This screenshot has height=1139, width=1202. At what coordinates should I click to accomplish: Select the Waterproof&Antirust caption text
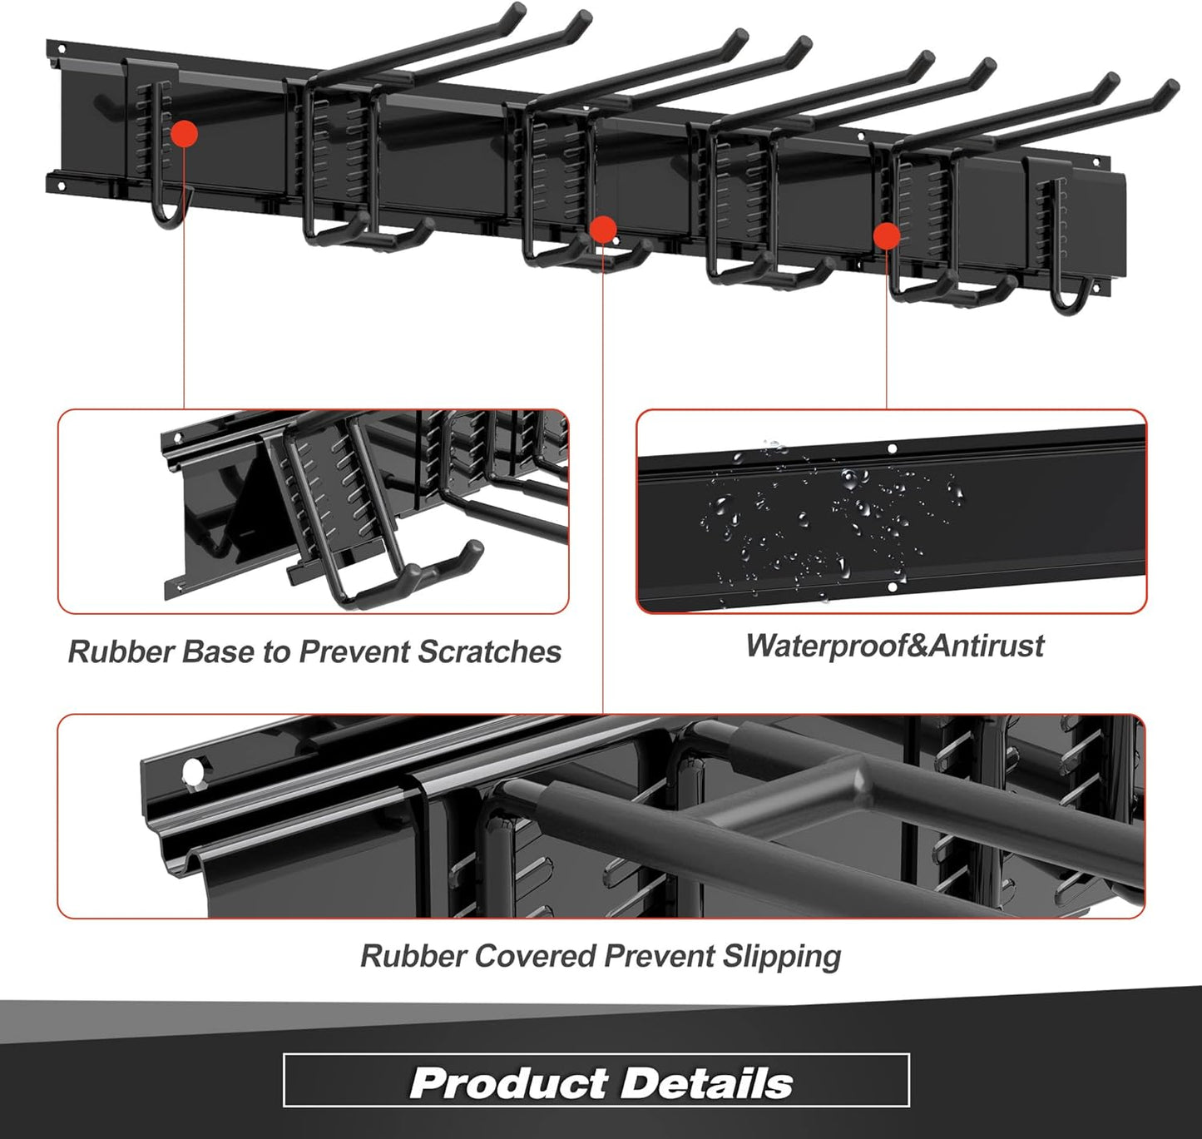(894, 646)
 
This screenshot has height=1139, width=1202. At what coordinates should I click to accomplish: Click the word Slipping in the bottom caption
(781, 957)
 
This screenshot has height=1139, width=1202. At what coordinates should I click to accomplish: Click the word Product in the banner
(507, 1082)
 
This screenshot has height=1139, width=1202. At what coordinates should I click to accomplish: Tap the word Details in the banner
(706, 1082)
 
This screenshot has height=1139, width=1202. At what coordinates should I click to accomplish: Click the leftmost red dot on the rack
(184, 133)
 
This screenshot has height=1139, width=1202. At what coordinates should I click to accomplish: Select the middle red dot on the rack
(602, 229)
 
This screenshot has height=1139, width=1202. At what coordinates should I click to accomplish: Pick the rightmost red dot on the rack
(887, 235)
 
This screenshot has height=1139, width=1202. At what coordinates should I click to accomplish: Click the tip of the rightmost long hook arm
(1171, 88)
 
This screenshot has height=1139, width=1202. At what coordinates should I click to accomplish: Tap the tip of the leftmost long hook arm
(517, 12)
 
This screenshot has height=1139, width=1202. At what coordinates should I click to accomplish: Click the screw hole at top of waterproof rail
(892, 448)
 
